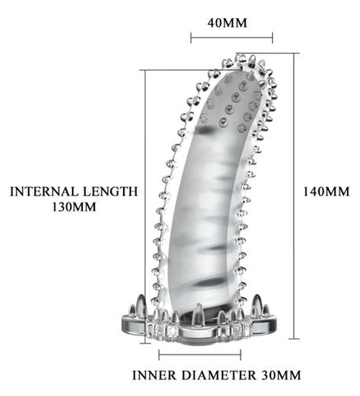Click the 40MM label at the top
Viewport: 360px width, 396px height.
(227, 23)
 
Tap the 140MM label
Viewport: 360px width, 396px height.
(326, 192)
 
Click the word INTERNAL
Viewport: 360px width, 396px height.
(44, 192)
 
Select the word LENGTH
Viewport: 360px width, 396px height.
(110, 192)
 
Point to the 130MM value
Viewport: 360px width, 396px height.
(74, 207)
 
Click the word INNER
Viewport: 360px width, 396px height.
(154, 375)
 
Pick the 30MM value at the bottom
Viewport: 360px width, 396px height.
(281, 375)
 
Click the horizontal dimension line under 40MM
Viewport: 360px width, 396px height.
(232, 38)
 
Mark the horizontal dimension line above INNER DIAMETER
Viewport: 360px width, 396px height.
(200, 355)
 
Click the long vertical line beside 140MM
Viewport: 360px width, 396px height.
(294, 196)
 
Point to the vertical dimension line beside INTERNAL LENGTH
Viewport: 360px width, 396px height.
(145, 207)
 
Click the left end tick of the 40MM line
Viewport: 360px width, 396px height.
(191, 38)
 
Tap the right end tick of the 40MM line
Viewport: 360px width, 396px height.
(272, 38)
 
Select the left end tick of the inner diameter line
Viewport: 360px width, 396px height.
(159, 355)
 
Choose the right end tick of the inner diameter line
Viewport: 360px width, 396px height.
(240, 355)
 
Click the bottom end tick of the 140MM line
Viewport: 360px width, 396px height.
(294, 339)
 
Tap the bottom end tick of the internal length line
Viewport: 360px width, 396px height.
(145, 343)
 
